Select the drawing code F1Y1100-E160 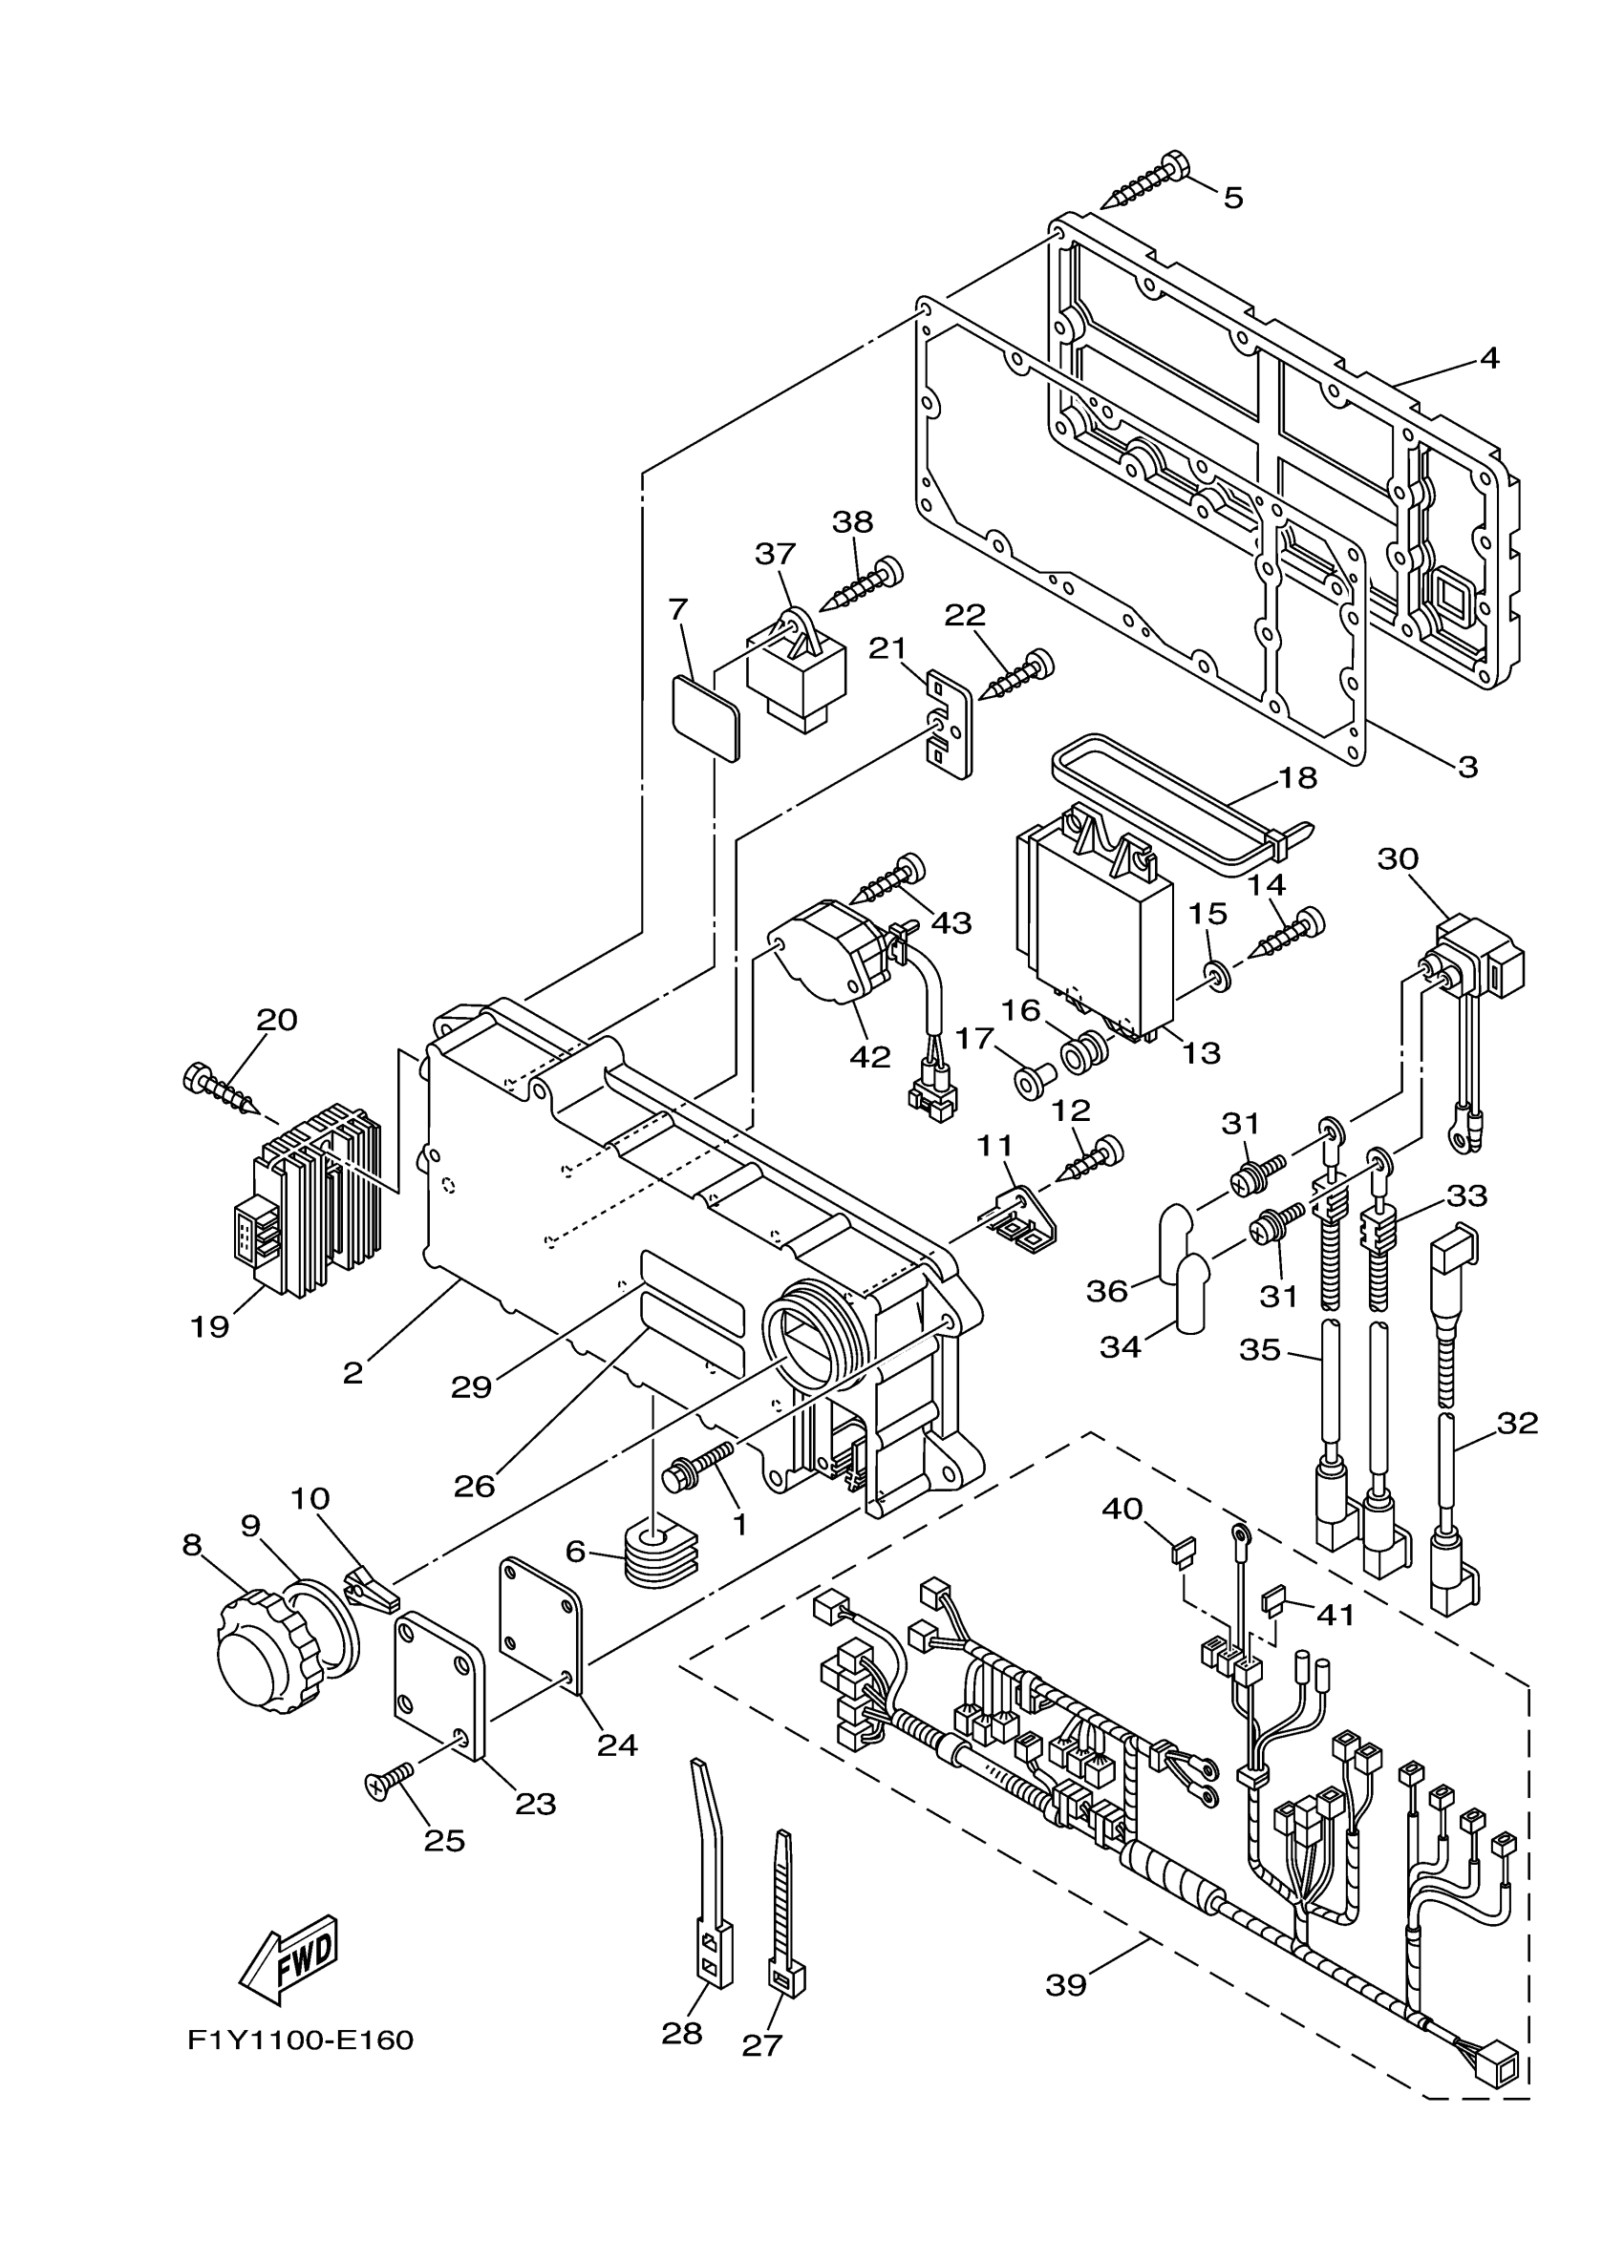[301, 2039]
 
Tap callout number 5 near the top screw [1232, 198]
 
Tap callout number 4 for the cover [1488, 358]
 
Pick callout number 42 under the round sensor [870, 1055]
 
